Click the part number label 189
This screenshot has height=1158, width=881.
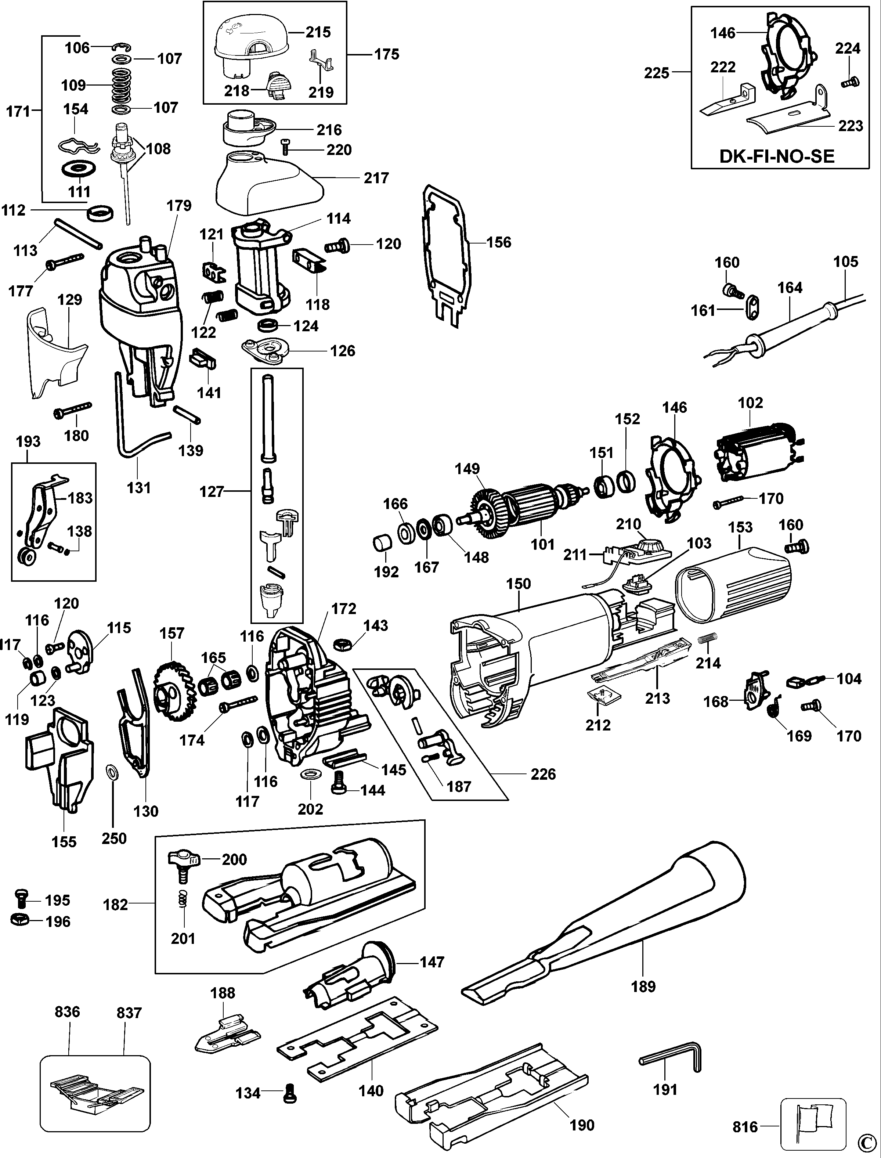(x=643, y=986)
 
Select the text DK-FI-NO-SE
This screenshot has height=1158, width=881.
(x=777, y=156)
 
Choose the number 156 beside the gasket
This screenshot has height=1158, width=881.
(x=498, y=242)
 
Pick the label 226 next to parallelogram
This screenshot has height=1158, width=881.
(x=543, y=774)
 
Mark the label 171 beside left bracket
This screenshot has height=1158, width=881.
(x=18, y=111)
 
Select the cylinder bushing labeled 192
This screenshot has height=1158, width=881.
(x=382, y=543)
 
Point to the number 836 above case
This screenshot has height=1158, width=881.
(x=67, y=1012)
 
